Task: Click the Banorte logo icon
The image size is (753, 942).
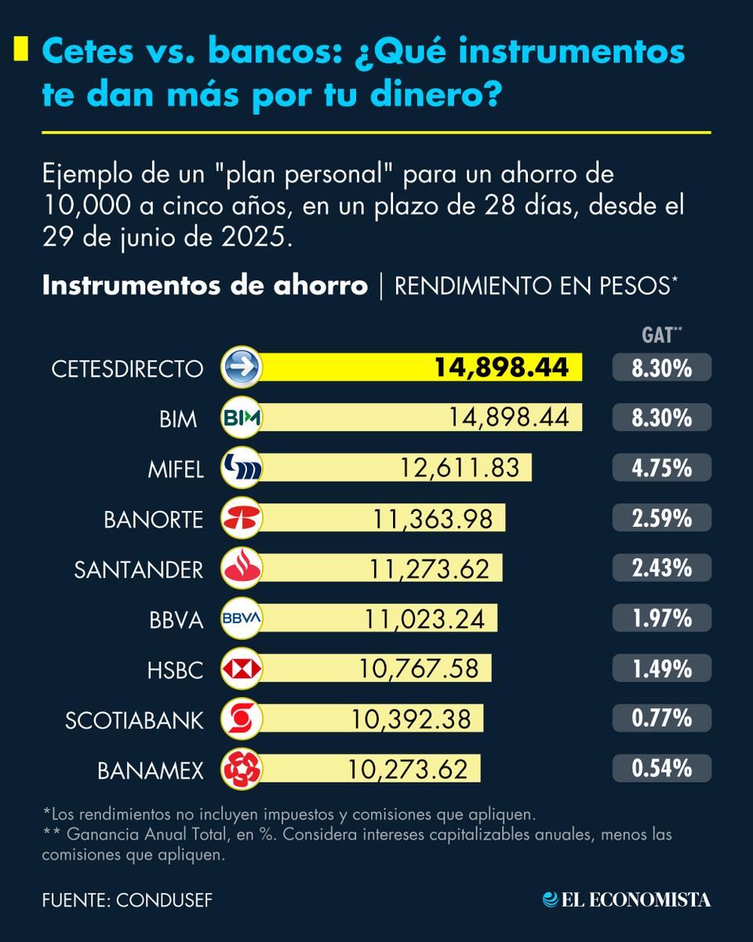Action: tap(242, 519)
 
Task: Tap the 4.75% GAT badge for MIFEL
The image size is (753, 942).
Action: tap(662, 469)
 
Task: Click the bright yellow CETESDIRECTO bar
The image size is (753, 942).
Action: tap(424, 367)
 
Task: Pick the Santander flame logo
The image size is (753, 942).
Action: tap(242, 569)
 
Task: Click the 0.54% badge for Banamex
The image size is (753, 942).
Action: tap(662, 769)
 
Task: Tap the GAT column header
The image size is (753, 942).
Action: tap(657, 335)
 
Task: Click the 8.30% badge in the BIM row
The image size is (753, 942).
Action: tap(662, 418)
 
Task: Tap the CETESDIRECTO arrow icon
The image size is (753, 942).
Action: tap(242, 367)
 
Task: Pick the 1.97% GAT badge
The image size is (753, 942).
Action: tap(662, 619)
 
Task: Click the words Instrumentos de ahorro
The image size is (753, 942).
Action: tap(205, 286)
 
